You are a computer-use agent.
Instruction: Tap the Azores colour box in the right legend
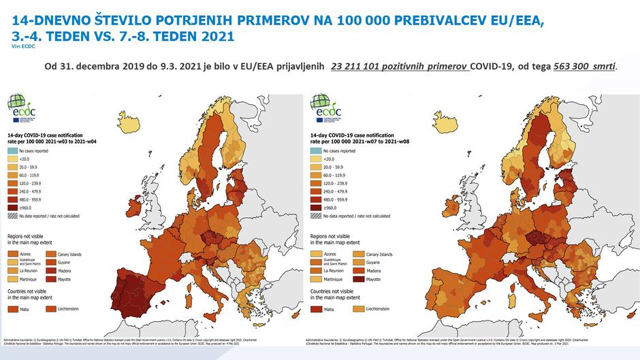pos(317,254)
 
